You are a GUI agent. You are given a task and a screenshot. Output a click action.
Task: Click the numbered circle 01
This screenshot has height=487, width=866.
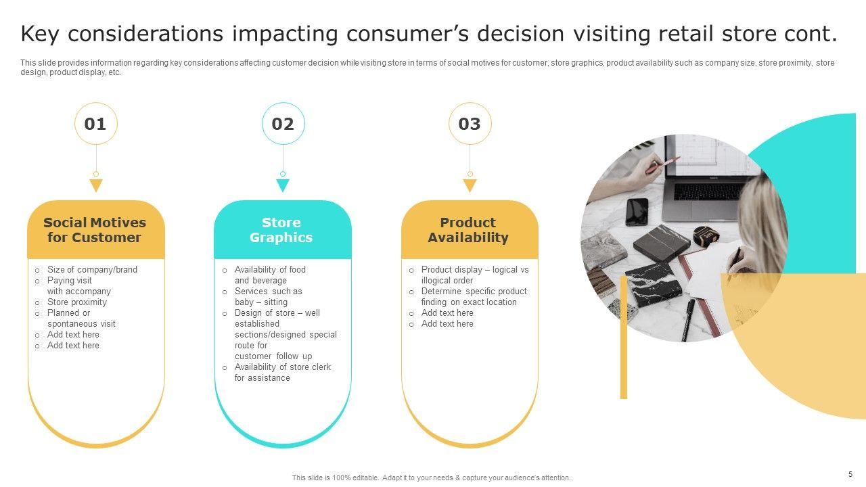[95, 124]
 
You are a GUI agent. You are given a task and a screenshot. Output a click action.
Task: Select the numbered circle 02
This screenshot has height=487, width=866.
[283, 124]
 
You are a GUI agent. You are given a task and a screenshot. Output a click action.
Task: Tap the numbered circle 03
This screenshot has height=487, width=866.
[470, 124]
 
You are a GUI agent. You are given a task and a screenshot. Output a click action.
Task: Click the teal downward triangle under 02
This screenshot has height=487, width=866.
[283, 185]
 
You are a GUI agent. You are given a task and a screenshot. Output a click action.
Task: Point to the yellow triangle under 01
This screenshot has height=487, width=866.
[96, 185]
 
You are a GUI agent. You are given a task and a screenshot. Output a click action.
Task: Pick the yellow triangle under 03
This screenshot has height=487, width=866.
[470, 185]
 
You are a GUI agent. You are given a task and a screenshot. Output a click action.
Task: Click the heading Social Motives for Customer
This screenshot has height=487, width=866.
[95, 230]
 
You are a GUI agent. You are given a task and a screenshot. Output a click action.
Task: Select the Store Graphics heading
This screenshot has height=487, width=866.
[281, 230]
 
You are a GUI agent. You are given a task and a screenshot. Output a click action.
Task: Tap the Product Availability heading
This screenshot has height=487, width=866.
[468, 230]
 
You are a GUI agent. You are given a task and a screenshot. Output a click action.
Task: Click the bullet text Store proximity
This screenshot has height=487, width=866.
[77, 302]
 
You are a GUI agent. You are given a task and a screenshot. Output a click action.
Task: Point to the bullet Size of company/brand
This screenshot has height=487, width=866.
[92, 270]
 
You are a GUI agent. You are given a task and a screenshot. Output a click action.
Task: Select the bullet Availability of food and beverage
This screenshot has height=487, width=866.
[270, 275]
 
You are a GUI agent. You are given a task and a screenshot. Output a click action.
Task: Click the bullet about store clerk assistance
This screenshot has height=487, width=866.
[283, 372]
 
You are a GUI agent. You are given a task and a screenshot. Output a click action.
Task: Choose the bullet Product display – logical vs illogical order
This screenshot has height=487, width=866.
[475, 275]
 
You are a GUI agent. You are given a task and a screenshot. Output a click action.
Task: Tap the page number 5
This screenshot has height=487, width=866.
[850, 474]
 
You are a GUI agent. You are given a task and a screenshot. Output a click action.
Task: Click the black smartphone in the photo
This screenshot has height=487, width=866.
[637, 212]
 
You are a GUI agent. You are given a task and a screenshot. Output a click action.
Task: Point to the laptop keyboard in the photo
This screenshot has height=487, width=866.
[707, 191]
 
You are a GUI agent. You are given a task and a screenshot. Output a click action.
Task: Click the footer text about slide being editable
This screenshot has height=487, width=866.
[432, 478]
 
